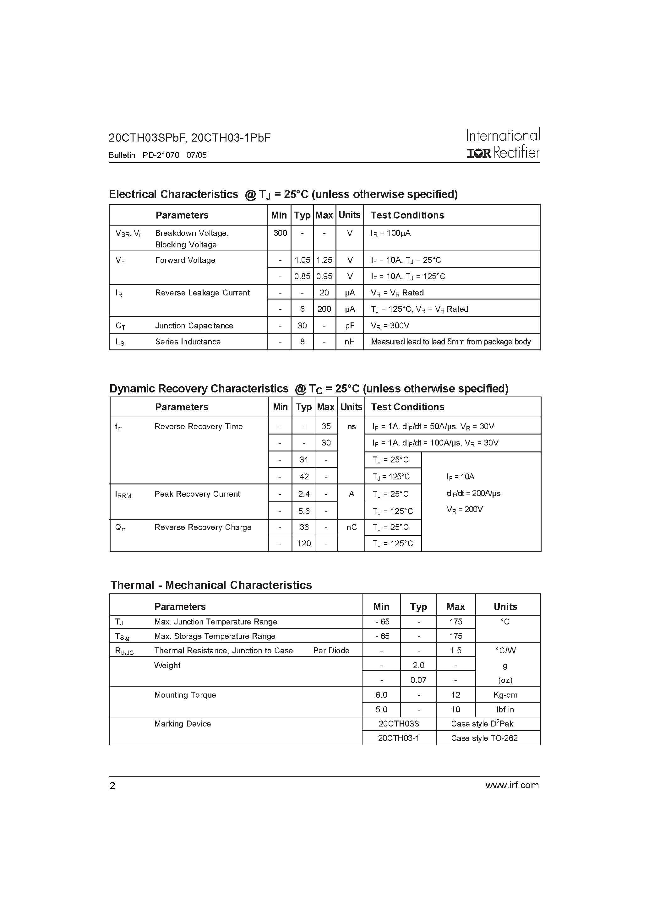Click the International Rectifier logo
pos(503,144)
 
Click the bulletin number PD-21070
pos(161,155)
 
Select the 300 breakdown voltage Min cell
pos(280,233)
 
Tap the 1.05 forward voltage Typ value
pos(302,260)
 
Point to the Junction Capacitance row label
pos(194,326)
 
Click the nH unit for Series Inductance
pos(350,342)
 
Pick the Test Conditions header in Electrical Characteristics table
pos(407,215)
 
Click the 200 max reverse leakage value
pos(324,309)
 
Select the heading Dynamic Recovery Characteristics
pos(199,389)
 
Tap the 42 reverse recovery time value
pos(304,477)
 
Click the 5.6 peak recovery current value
pos(304,511)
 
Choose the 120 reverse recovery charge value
pos(304,544)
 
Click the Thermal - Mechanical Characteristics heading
pos(211,585)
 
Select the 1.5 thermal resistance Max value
pos(456,651)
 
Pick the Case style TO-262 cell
pos(484,738)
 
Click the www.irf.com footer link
pos(512,785)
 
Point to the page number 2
pos(112,786)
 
